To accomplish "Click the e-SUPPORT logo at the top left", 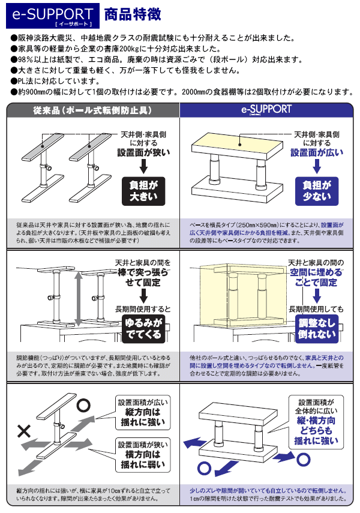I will (53, 16).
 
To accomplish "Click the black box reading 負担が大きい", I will (143, 191).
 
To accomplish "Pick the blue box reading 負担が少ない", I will (316, 191).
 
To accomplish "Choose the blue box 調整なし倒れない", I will (316, 329).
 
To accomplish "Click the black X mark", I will (24, 430).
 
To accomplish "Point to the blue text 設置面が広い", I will (317, 153).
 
